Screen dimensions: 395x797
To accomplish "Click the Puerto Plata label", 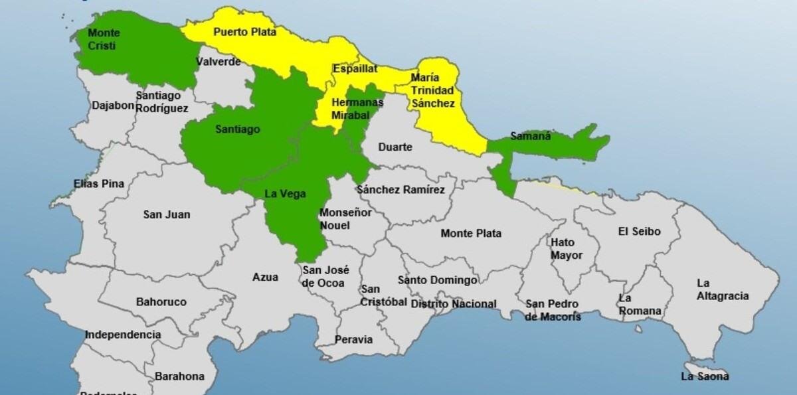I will pyautogui.click(x=244, y=32).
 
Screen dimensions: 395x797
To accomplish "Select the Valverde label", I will pyautogui.click(x=218, y=62).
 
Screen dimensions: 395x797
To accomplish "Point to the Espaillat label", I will pyautogui.click(x=355, y=68).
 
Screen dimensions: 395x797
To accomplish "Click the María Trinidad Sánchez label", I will pyautogui.click(x=432, y=90).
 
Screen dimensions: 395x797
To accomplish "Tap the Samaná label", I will pyautogui.click(x=531, y=136).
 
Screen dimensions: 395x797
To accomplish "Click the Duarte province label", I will pyautogui.click(x=395, y=147).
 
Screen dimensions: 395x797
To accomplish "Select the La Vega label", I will pyautogui.click(x=285, y=194).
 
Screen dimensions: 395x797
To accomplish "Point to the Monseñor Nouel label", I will pyautogui.click(x=345, y=219).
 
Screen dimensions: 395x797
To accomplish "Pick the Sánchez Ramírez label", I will pyautogui.click(x=400, y=190).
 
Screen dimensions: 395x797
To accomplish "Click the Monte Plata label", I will pyautogui.click(x=471, y=233).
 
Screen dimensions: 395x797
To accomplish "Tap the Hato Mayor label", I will pyautogui.click(x=567, y=249).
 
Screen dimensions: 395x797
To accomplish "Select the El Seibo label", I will pyautogui.click(x=639, y=232).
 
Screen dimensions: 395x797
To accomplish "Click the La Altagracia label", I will pyautogui.click(x=722, y=289).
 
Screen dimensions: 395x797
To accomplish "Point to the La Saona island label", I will pyautogui.click(x=705, y=376).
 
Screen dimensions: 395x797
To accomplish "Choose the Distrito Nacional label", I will pyautogui.click(x=454, y=304).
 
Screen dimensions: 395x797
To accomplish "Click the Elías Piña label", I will pyautogui.click(x=99, y=184).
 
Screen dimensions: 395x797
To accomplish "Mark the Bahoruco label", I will pyautogui.click(x=161, y=302).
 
